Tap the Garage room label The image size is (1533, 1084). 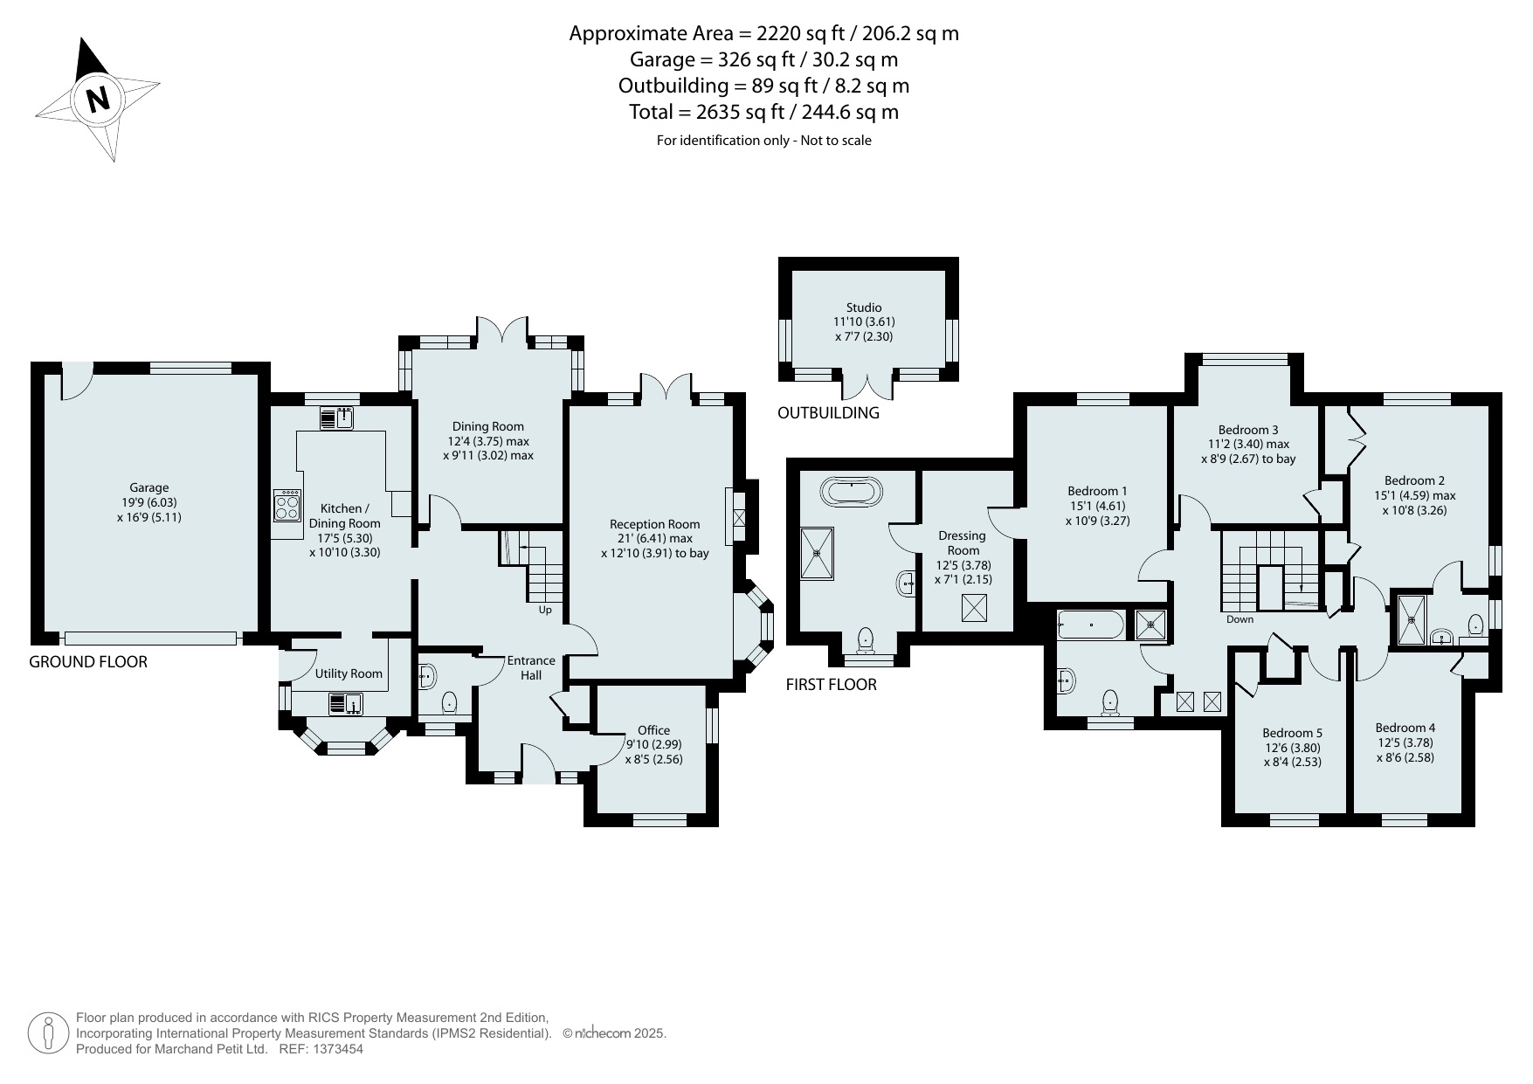(149, 487)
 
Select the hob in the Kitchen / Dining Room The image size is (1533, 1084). (287, 505)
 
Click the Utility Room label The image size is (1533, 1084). (349, 673)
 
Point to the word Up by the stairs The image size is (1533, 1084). (545, 610)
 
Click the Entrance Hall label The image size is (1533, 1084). (531, 667)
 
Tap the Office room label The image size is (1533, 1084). (653, 730)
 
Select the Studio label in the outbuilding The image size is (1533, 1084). (864, 307)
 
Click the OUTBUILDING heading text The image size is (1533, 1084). (828, 413)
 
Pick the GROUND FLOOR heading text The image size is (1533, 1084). (88, 661)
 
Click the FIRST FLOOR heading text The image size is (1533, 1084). (831, 684)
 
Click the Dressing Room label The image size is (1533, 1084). (963, 542)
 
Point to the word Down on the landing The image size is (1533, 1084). (1240, 619)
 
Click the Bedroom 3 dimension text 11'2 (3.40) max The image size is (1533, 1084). (1246, 444)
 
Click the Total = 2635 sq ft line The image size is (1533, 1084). (764, 112)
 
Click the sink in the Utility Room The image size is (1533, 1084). (347, 703)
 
